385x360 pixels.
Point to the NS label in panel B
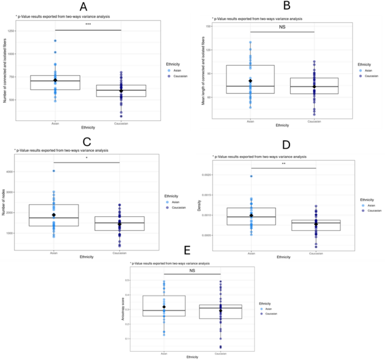click(282, 26)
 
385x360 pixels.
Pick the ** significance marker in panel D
click(283, 165)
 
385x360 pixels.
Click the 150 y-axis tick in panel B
click(207, 26)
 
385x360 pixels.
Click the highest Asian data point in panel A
click(55, 40)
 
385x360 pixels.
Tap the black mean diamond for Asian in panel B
click(250, 81)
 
